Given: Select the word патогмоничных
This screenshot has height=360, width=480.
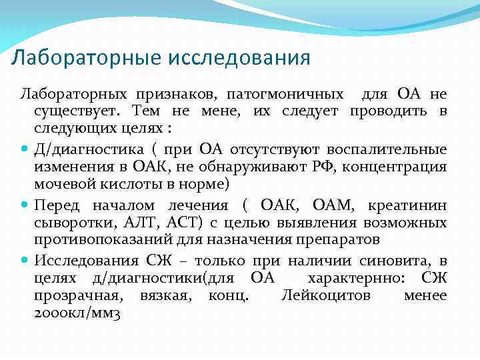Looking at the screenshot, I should pos(289,95).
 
